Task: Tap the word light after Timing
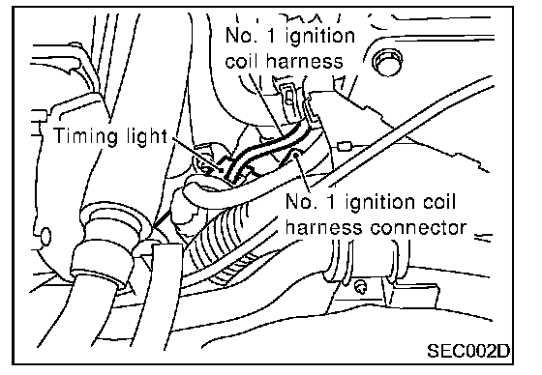[x=141, y=136]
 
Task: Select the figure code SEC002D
[x=468, y=351]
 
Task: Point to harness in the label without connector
[x=304, y=61]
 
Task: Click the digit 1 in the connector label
[x=331, y=202]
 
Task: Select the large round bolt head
[x=387, y=62]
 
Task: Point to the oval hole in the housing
[x=45, y=237]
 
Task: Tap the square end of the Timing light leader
[x=221, y=169]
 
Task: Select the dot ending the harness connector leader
[x=296, y=155]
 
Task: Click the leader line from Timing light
[x=196, y=153]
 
